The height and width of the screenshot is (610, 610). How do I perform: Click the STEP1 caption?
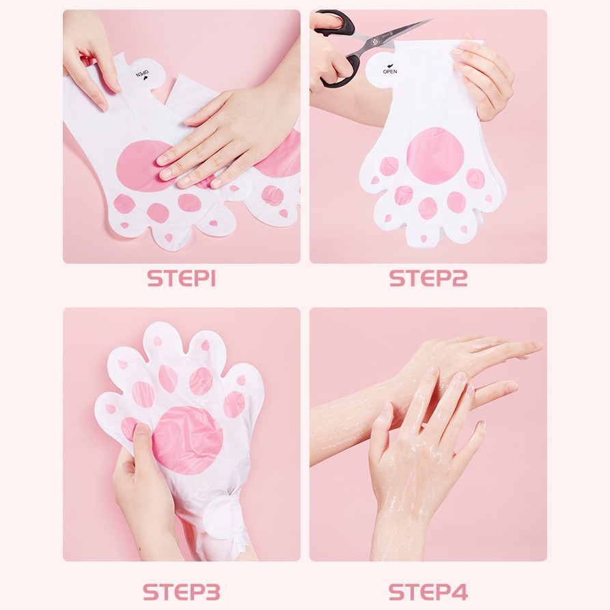(181, 278)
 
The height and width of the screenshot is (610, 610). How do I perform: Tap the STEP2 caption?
(428, 278)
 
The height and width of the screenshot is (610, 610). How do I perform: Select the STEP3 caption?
(181, 592)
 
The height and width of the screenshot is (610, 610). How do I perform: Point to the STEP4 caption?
(428, 592)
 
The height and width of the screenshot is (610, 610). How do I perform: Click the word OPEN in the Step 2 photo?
(390, 72)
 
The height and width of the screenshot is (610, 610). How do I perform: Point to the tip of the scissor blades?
(432, 18)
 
